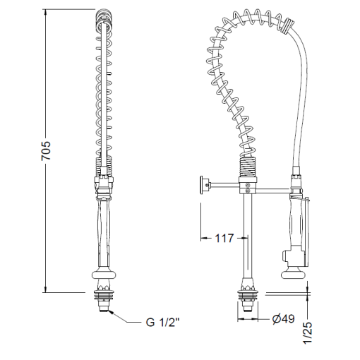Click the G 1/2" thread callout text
pos(164,323)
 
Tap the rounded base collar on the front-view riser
pos(104,277)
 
